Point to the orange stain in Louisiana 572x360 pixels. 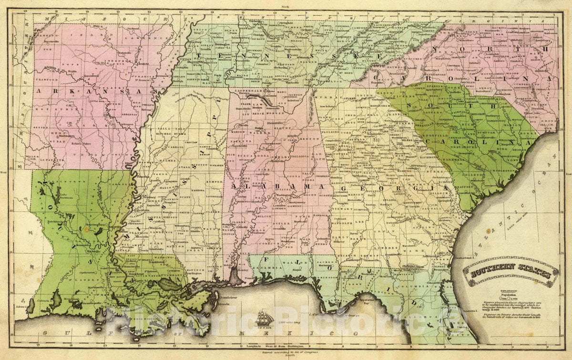pos(86,229)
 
